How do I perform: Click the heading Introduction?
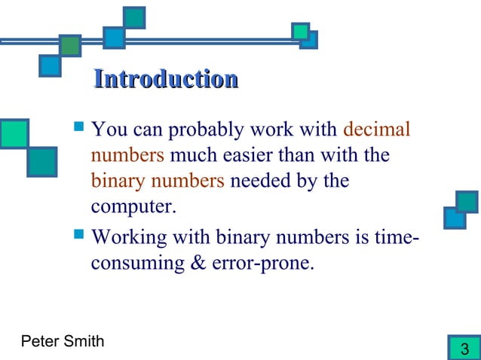[165, 78]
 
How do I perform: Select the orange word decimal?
[376, 130]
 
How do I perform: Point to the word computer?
[132, 206]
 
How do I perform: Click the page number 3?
[464, 349]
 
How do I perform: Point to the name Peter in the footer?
[40, 343]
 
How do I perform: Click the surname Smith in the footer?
[84, 343]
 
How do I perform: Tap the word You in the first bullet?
[108, 130]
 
